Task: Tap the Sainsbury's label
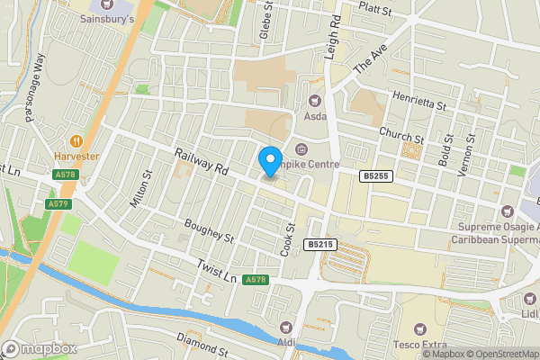coord(107,18)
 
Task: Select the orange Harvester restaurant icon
coord(76,140)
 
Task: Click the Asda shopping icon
coord(314,102)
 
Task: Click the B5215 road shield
coord(319,244)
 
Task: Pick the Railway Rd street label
coord(202,162)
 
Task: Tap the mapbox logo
coord(40,348)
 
